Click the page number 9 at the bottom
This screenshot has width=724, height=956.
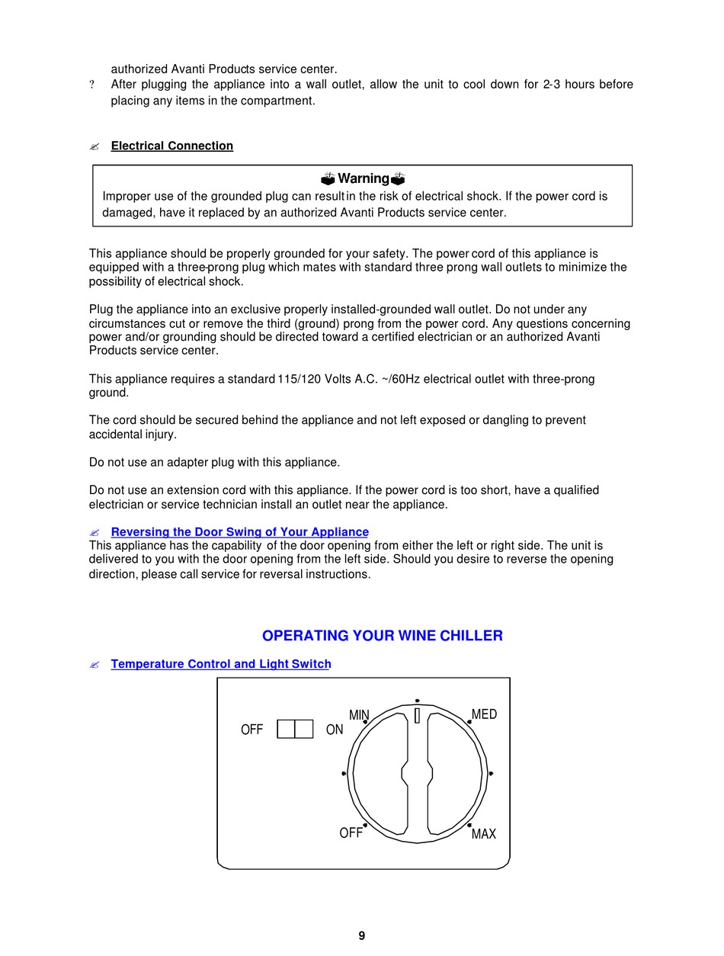(x=361, y=935)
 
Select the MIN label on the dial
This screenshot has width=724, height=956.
(x=359, y=715)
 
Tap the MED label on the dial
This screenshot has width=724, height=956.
(x=484, y=714)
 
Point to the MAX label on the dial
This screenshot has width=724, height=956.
(x=484, y=834)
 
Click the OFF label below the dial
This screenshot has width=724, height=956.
(x=351, y=833)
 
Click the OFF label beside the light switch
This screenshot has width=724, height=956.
(x=251, y=730)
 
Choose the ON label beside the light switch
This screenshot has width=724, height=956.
(x=335, y=730)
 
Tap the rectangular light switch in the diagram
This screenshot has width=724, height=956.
(x=295, y=729)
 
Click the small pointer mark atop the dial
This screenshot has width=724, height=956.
(x=417, y=715)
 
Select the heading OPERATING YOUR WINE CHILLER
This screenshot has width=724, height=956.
(x=382, y=636)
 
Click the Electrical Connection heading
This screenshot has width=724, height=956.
(x=172, y=146)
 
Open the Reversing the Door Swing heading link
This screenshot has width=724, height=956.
(x=239, y=532)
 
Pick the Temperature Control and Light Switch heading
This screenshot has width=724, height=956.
(x=221, y=664)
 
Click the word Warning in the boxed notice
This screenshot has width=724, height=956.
(x=364, y=178)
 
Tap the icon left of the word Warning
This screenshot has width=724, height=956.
(x=328, y=179)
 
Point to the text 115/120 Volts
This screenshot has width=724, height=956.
(x=312, y=379)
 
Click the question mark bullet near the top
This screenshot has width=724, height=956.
(x=92, y=85)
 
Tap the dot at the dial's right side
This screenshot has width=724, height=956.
(x=491, y=774)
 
